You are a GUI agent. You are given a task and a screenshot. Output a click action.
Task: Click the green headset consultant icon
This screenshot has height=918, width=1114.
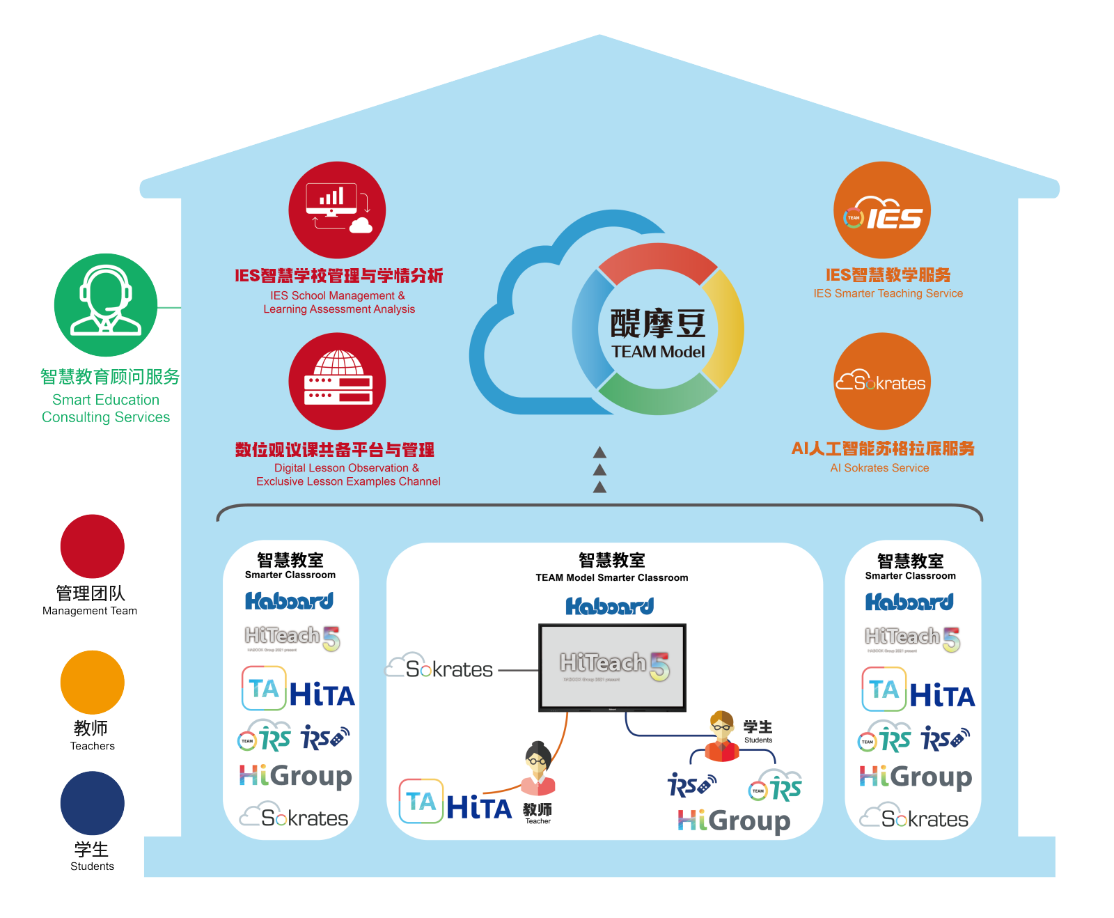point(106,305)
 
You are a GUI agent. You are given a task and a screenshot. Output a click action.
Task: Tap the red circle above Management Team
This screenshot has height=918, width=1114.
point(93,546)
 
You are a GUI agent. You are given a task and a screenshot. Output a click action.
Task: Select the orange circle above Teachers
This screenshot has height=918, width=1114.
point(93,682)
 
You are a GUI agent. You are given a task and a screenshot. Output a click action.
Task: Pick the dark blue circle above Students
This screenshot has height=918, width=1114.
point(93,803)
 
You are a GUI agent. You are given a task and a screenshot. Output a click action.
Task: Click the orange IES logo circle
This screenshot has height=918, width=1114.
point(882,210)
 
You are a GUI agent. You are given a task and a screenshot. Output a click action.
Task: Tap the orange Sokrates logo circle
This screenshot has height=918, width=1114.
point(882,381)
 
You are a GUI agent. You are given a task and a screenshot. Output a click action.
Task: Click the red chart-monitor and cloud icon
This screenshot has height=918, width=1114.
point(337,210)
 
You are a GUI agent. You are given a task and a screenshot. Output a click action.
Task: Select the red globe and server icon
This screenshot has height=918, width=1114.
point(337,381)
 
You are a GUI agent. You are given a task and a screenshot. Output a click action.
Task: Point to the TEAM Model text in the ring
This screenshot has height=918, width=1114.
point(658,352)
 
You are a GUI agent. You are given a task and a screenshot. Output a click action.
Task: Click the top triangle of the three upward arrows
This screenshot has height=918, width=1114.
point(599,453)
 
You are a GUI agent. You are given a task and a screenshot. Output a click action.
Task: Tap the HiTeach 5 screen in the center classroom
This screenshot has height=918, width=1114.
point(613,667)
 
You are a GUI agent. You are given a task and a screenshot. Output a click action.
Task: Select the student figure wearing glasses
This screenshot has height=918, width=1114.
point(722,737)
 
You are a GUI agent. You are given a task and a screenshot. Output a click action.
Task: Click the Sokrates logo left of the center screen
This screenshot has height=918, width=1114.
point(440,668)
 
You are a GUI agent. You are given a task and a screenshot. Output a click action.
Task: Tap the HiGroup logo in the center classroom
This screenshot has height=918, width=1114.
point(734,820)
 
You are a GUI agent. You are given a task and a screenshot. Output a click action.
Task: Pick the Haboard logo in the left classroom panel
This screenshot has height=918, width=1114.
point(289,601)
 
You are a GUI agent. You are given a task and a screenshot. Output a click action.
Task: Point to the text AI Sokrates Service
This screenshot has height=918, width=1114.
point(879,468)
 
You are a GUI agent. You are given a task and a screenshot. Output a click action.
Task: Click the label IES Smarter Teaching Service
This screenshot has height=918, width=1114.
point(888,293)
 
